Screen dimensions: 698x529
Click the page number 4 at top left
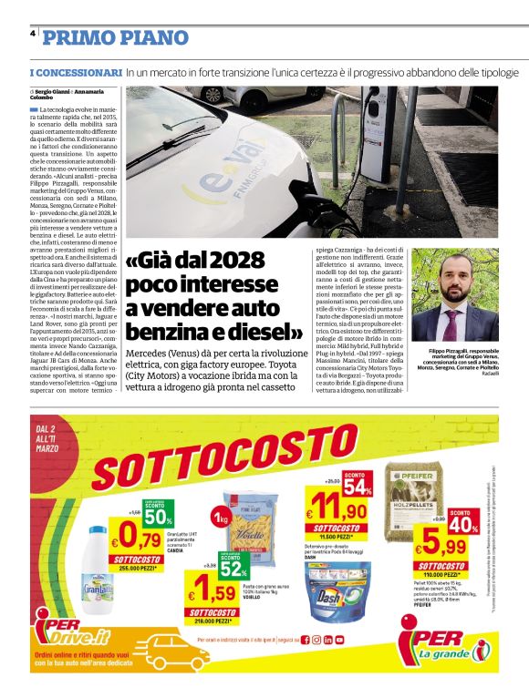point(33,33)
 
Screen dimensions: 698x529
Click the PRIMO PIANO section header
point(116,37)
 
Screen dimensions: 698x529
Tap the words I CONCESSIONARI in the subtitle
point(76,71)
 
